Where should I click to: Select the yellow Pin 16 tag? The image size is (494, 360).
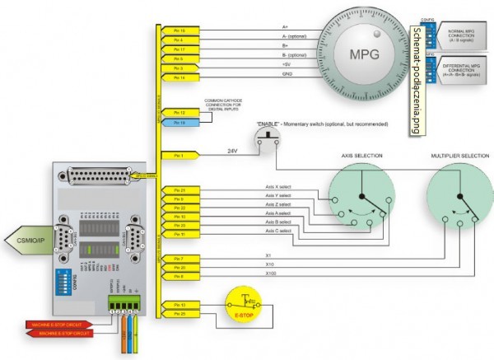point(179,30)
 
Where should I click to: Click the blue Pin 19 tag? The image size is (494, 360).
point(179,121)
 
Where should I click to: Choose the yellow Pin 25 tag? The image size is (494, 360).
point(179,314)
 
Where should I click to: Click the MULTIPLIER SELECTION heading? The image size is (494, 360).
point(457,154)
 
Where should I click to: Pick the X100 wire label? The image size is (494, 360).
point(271,273)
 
